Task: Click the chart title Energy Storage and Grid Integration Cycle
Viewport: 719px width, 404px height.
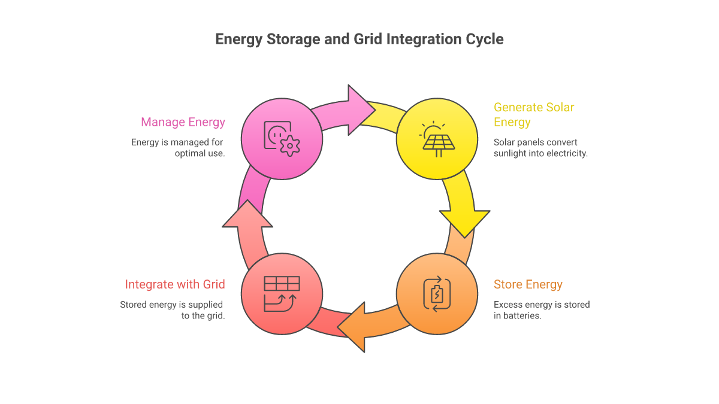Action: (x=359, y=40)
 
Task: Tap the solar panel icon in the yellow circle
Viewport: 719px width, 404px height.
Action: (x=437, y=139)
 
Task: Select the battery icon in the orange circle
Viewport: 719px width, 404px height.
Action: (x=437, y=294)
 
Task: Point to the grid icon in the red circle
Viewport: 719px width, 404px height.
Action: (x=282, y=294)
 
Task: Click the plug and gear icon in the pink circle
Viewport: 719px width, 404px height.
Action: (x=282, y=139)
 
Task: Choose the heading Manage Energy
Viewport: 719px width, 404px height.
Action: (x=183, y=122)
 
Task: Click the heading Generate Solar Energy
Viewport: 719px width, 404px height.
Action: (x=534, y=115)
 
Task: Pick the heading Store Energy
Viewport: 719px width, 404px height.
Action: (x=528, y=284)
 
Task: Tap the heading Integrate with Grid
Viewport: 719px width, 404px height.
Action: (x=175, y=284)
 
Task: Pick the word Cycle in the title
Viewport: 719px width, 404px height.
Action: (x=484, y=40)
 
